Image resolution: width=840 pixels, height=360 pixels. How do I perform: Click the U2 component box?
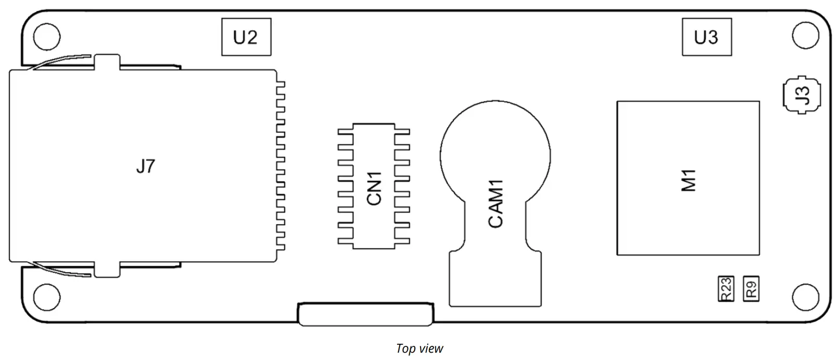click(x=246, y=37)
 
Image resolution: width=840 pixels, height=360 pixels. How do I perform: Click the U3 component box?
click(x=706, y=37)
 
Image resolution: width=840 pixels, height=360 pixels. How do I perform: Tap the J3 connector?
click(x=801, y=95)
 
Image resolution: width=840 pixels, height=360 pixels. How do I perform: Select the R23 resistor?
click(x=726, y=289)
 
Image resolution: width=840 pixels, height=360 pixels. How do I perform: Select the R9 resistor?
click(x=751, y=288)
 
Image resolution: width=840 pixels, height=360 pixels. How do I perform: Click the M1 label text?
click(x=689, y=180)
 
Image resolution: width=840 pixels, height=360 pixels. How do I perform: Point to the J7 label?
click(x=145, y=167)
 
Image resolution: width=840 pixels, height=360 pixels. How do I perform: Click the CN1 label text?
click(x=374, y=188)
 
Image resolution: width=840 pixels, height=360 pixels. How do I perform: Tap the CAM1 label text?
click(x=495, y=203)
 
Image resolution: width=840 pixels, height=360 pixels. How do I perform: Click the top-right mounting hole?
click(x=805, y=36)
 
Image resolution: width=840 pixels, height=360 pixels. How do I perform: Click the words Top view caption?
click(x=419, y=349)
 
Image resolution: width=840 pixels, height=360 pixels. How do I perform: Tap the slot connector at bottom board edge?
click(x=366, y=314)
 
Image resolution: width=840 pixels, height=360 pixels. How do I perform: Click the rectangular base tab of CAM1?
click(x=495, y=280)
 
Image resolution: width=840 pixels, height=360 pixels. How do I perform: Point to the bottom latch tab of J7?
click(x=107, y=269)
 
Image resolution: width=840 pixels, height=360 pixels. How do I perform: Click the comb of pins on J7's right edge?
click(x=281, y=166)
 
